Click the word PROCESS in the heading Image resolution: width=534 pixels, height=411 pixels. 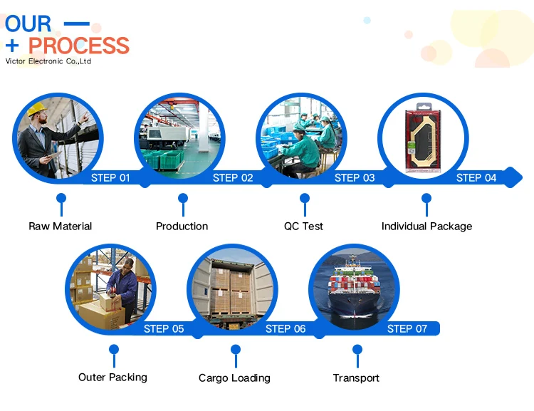pos(79,46)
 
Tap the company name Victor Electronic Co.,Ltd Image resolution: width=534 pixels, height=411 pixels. pos(48,62)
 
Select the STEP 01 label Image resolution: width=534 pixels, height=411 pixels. pos(110,177)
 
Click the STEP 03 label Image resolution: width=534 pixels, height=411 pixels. pos(355,177)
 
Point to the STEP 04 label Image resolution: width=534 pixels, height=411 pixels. pos(476,177)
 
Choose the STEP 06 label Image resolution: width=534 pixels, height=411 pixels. pos(286,328)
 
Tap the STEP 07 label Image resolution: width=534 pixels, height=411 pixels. pos(407,328)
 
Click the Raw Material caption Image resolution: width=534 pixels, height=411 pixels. pos(61,226)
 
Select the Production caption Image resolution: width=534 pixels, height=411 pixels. pos(182,226)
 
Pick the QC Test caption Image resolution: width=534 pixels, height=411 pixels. pos(303,226)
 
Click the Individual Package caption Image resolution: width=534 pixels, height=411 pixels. pos(426,226)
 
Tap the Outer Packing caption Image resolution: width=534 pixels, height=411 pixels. pos(112,377)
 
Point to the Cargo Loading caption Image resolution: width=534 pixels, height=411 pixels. pos(234,378)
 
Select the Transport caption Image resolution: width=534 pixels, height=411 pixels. pos(356,378)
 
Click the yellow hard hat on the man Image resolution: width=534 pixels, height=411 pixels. pos(36,109)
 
